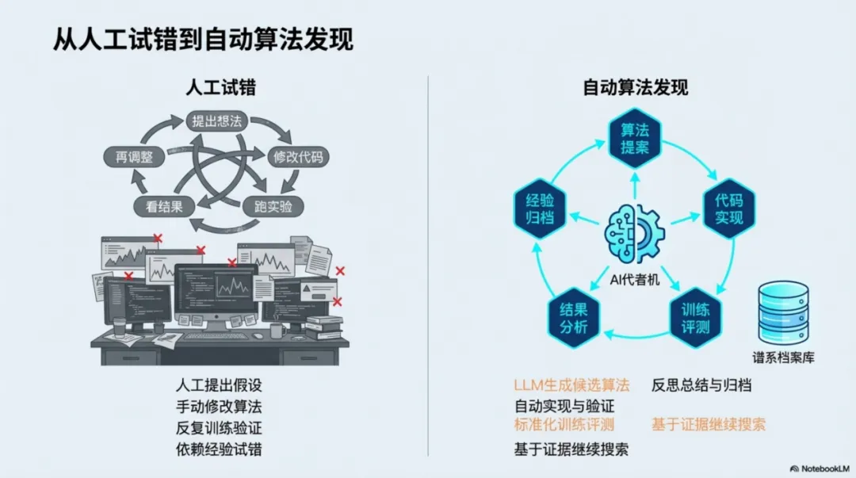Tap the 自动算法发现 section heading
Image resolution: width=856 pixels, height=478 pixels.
[x=636, y=86]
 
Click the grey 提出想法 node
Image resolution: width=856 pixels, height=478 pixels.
[x=217, y=121]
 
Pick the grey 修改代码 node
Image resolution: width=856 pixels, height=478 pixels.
[x=297, y=156]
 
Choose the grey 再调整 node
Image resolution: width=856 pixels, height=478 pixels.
[x=135, y=156]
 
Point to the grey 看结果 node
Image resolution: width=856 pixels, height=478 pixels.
[x=165, y=207]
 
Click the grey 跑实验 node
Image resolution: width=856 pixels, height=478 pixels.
[x=273, y=207]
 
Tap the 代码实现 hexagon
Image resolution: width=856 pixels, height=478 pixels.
[x=729, y=208]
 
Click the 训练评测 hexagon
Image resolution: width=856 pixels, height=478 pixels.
[x=694, y=316]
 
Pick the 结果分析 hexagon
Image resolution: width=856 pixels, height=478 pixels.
[x=573, y=316]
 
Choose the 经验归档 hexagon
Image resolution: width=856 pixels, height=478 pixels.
[x=540, y=208]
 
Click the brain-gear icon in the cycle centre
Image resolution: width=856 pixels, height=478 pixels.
[x=634, y=234]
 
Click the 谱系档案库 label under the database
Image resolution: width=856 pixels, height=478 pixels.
[x=783, y=358]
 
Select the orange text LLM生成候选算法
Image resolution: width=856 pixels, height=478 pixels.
[x=571, y=386]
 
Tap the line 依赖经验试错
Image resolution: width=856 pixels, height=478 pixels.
[x=219, y=449]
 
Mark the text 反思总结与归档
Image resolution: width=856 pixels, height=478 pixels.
[x=701, y=386]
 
